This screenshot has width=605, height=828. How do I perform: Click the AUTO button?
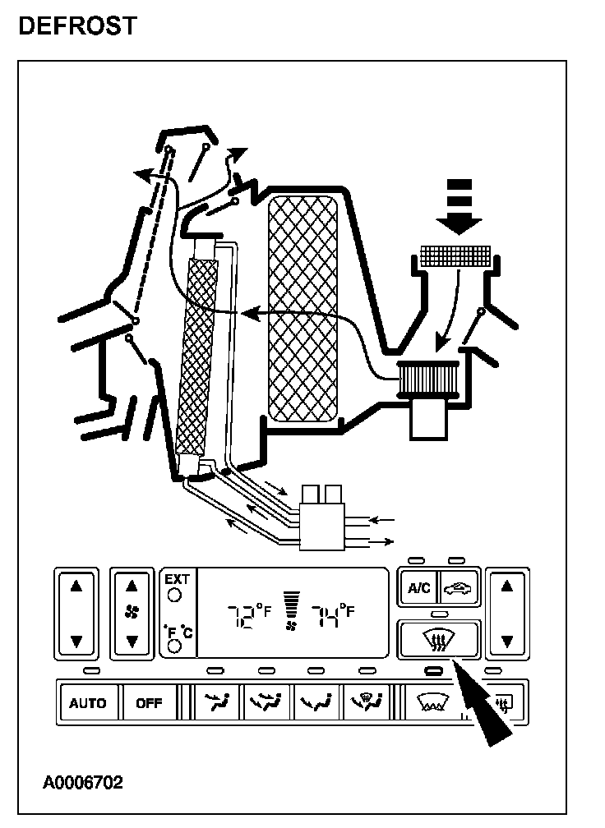pyautogui.click(x=88, y=702)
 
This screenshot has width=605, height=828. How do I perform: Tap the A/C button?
pyautogui.click(x=418, y=588)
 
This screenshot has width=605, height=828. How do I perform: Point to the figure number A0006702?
pyautogui.click(x=83, y=783)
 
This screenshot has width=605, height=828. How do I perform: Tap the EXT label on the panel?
pyautogui.click(x=177, y=579)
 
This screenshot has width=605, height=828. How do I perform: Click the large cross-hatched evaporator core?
pyautogui.click(x=302, y=309)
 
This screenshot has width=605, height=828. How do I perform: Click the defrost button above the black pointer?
pyautogui.click(x=437, y=637)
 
